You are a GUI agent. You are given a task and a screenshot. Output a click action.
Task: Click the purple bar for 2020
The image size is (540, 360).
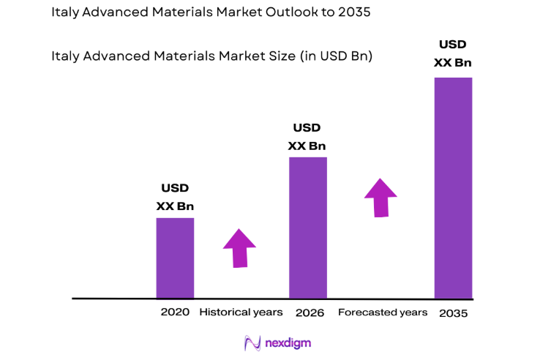point(175,258)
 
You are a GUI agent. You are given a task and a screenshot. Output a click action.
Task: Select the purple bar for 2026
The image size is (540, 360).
point(307,228)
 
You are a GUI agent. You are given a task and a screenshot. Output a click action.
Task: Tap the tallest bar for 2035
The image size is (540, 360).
point(453,187)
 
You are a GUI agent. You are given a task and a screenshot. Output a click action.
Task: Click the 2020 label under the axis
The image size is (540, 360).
point(175,312)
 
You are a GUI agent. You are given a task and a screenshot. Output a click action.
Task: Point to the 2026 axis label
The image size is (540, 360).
point(310,312)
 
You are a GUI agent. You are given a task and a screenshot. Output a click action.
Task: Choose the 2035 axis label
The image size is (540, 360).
point(454,313)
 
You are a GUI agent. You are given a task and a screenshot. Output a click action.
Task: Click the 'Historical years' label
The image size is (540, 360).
point(241,312)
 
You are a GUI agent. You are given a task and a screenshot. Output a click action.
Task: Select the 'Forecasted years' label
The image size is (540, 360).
point(383,312)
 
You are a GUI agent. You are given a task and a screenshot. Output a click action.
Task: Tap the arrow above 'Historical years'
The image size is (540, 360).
point(239,247)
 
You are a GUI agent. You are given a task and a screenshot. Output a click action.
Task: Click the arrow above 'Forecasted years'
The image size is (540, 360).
point(380,197)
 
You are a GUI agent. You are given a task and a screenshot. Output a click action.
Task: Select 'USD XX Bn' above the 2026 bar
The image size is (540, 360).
point(307,137)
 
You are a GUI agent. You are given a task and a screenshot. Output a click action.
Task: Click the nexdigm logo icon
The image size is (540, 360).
point(252,342)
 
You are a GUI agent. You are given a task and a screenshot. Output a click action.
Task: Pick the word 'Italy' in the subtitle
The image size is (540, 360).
point(65,56)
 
